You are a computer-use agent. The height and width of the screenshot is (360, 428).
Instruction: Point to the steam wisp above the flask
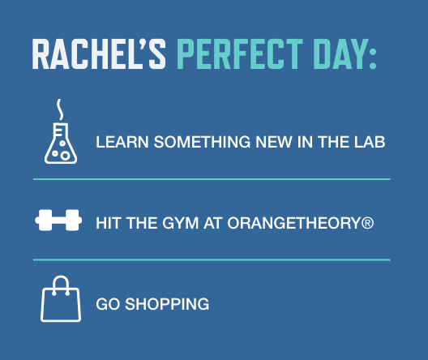58,107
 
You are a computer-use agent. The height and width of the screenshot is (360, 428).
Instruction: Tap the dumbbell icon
59,221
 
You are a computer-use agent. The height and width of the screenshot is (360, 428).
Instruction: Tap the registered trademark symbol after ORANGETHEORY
367,221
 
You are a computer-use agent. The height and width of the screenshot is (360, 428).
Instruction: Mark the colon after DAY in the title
372,55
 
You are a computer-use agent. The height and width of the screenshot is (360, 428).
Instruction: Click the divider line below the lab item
211,178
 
